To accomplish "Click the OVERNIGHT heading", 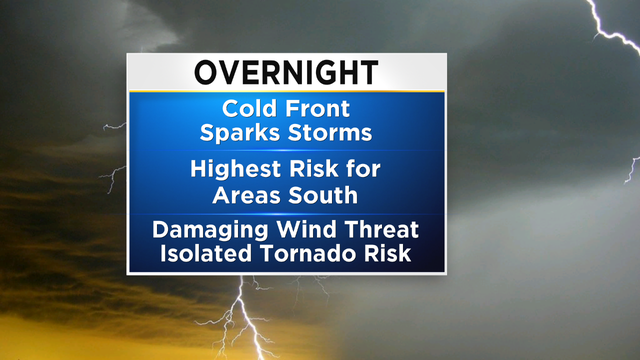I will tap(285, 73).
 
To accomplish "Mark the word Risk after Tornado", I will tap(384, 253).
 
